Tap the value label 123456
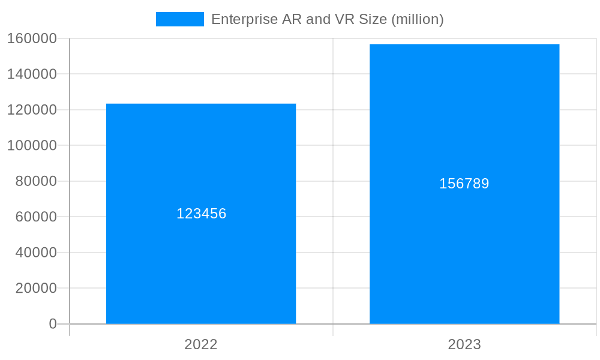[201, 214]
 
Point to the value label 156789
[464, 184]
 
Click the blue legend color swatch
[179, 19]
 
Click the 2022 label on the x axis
[201, 344]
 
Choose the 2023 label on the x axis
[464, 344]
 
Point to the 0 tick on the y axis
[52, 324]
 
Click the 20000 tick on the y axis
[36, 288]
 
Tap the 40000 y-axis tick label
[36, 253]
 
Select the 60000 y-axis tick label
[36, 217]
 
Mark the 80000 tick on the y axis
[36, 181]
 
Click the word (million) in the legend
[417, 19]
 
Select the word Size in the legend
[374, 19]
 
